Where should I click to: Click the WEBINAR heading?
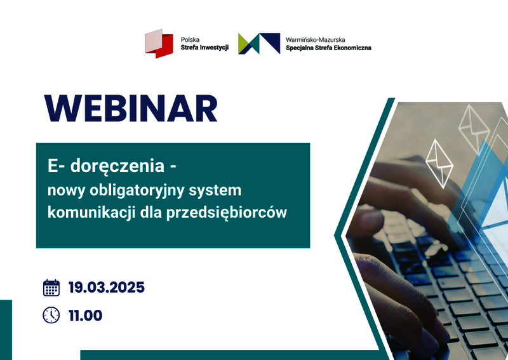coord(131,108)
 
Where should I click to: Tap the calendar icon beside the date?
coord(51,288)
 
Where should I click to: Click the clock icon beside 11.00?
coord(51,315)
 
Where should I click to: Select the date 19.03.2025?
coord(106,288)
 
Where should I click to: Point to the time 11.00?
coord(86,316)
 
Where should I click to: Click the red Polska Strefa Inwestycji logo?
coord(159,43)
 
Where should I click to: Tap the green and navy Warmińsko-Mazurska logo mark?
coord(259,43)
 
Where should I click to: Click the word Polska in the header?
coord(190,39)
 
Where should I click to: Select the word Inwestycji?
coord(214,48)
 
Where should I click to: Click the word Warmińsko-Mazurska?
coord(315,40)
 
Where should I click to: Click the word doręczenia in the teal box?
coord(117,166)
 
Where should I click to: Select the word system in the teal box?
coord(215,191)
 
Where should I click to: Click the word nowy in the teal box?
coord(67,191)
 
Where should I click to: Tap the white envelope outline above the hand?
coord(439,164)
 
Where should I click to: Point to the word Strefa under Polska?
coord(189,48)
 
